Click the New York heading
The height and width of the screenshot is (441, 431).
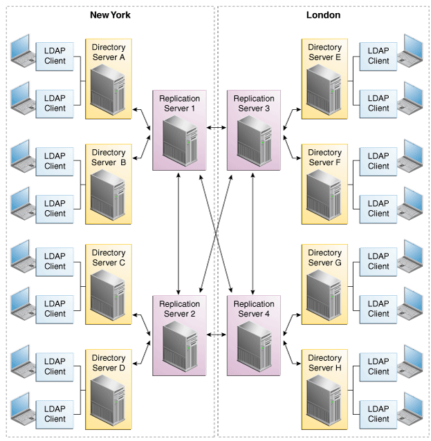(110, 15)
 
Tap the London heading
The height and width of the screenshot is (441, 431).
(323, 15)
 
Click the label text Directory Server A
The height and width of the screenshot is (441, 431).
(108, 53)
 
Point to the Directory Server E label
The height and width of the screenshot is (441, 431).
(324, 53)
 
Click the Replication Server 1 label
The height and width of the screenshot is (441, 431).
(179, 104)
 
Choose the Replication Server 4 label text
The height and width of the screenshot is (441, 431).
(254, 309)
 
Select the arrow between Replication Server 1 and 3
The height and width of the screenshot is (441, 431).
(217, 128)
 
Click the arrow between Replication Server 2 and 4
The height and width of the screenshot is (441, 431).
(217, 335)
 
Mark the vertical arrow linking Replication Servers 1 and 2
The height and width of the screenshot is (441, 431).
(179, 232)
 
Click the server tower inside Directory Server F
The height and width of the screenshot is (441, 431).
(323, 195)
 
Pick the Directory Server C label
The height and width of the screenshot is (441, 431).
(108, 258)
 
